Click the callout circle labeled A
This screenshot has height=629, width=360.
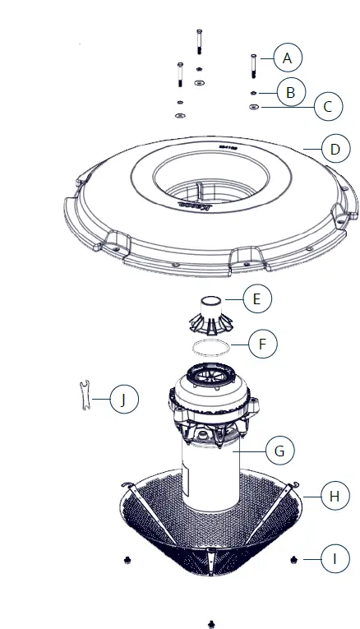coord(287,58)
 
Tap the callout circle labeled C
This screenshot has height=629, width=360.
coord(328,106)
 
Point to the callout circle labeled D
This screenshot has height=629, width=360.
coord(333,150)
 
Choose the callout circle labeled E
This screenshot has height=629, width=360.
coord(256,298)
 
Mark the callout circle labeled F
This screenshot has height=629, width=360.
coord(261,343)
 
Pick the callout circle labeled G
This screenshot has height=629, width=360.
coord(279,451)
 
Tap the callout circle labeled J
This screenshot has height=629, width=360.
coord(122,400)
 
